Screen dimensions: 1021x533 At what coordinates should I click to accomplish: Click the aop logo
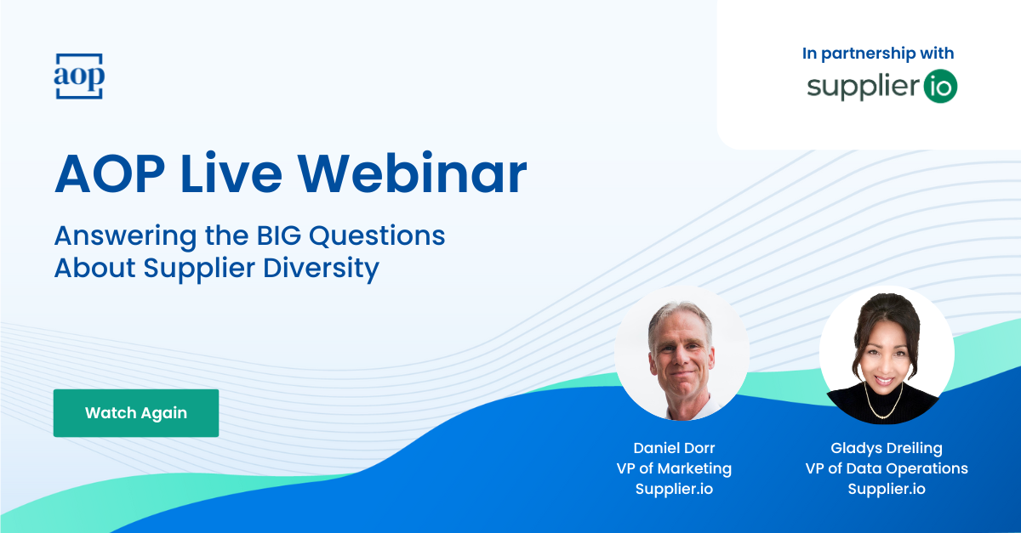coord(79,76)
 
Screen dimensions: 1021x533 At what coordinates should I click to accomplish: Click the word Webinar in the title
coord(412,173)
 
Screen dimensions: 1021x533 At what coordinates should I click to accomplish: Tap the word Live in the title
coord(231,173)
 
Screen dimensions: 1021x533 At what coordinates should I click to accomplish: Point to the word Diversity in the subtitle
coord(321,269)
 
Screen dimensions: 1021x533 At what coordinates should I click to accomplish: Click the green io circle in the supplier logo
coord(940,87)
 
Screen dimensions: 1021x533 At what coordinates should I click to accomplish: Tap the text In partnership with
coord(878,54)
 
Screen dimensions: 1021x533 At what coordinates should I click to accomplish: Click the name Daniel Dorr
coord(674,448)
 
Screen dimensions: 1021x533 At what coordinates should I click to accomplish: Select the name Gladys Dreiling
coord(886,448)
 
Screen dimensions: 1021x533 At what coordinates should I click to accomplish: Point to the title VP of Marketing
coord(674,468)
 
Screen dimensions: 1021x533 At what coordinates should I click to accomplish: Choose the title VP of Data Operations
coord(886,468)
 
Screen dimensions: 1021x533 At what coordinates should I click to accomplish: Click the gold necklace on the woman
coord(883,403)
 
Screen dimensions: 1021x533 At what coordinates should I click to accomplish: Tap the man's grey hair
coord(680,315)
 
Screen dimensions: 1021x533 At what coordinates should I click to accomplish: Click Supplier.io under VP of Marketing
coord(674,490)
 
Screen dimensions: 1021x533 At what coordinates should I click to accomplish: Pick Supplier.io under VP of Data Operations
coord(886,490)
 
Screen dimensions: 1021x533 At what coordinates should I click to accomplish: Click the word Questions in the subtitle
coord(377,236)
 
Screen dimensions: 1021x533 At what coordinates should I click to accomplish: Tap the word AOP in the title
coord(110,173)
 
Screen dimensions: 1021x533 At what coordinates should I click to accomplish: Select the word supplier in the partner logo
coord(863,87)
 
